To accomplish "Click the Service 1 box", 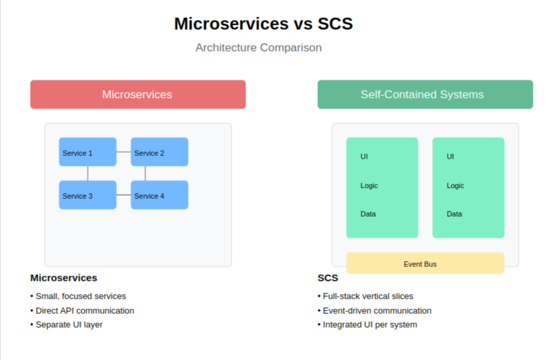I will tap(87, 152).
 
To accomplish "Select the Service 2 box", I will tap(159, 152).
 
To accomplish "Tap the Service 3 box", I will tap(87, 195).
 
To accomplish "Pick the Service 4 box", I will tap(159, 195).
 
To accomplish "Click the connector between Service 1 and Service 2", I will tap(124, 152).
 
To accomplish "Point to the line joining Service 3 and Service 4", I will tap(124, 195).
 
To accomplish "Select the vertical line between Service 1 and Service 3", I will tap(88, 173).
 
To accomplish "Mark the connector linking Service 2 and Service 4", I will tap(145, 173).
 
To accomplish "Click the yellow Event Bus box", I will tap(425, 263).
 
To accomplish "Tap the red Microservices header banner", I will tap(138, 94).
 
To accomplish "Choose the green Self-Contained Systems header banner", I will tap(425, 94).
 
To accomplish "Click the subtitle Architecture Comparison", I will tap(258, 48).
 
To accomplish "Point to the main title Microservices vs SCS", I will tap(263, 24).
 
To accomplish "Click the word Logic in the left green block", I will tap(369, 186).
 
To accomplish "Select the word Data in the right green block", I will tap(454, 214).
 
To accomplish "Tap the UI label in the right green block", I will tap(450, 157).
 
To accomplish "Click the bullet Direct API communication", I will tap(84, 310).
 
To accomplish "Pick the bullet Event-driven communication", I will tap(376, 310).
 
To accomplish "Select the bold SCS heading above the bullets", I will tap(327, 278).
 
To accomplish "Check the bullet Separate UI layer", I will tap(68, 324).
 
